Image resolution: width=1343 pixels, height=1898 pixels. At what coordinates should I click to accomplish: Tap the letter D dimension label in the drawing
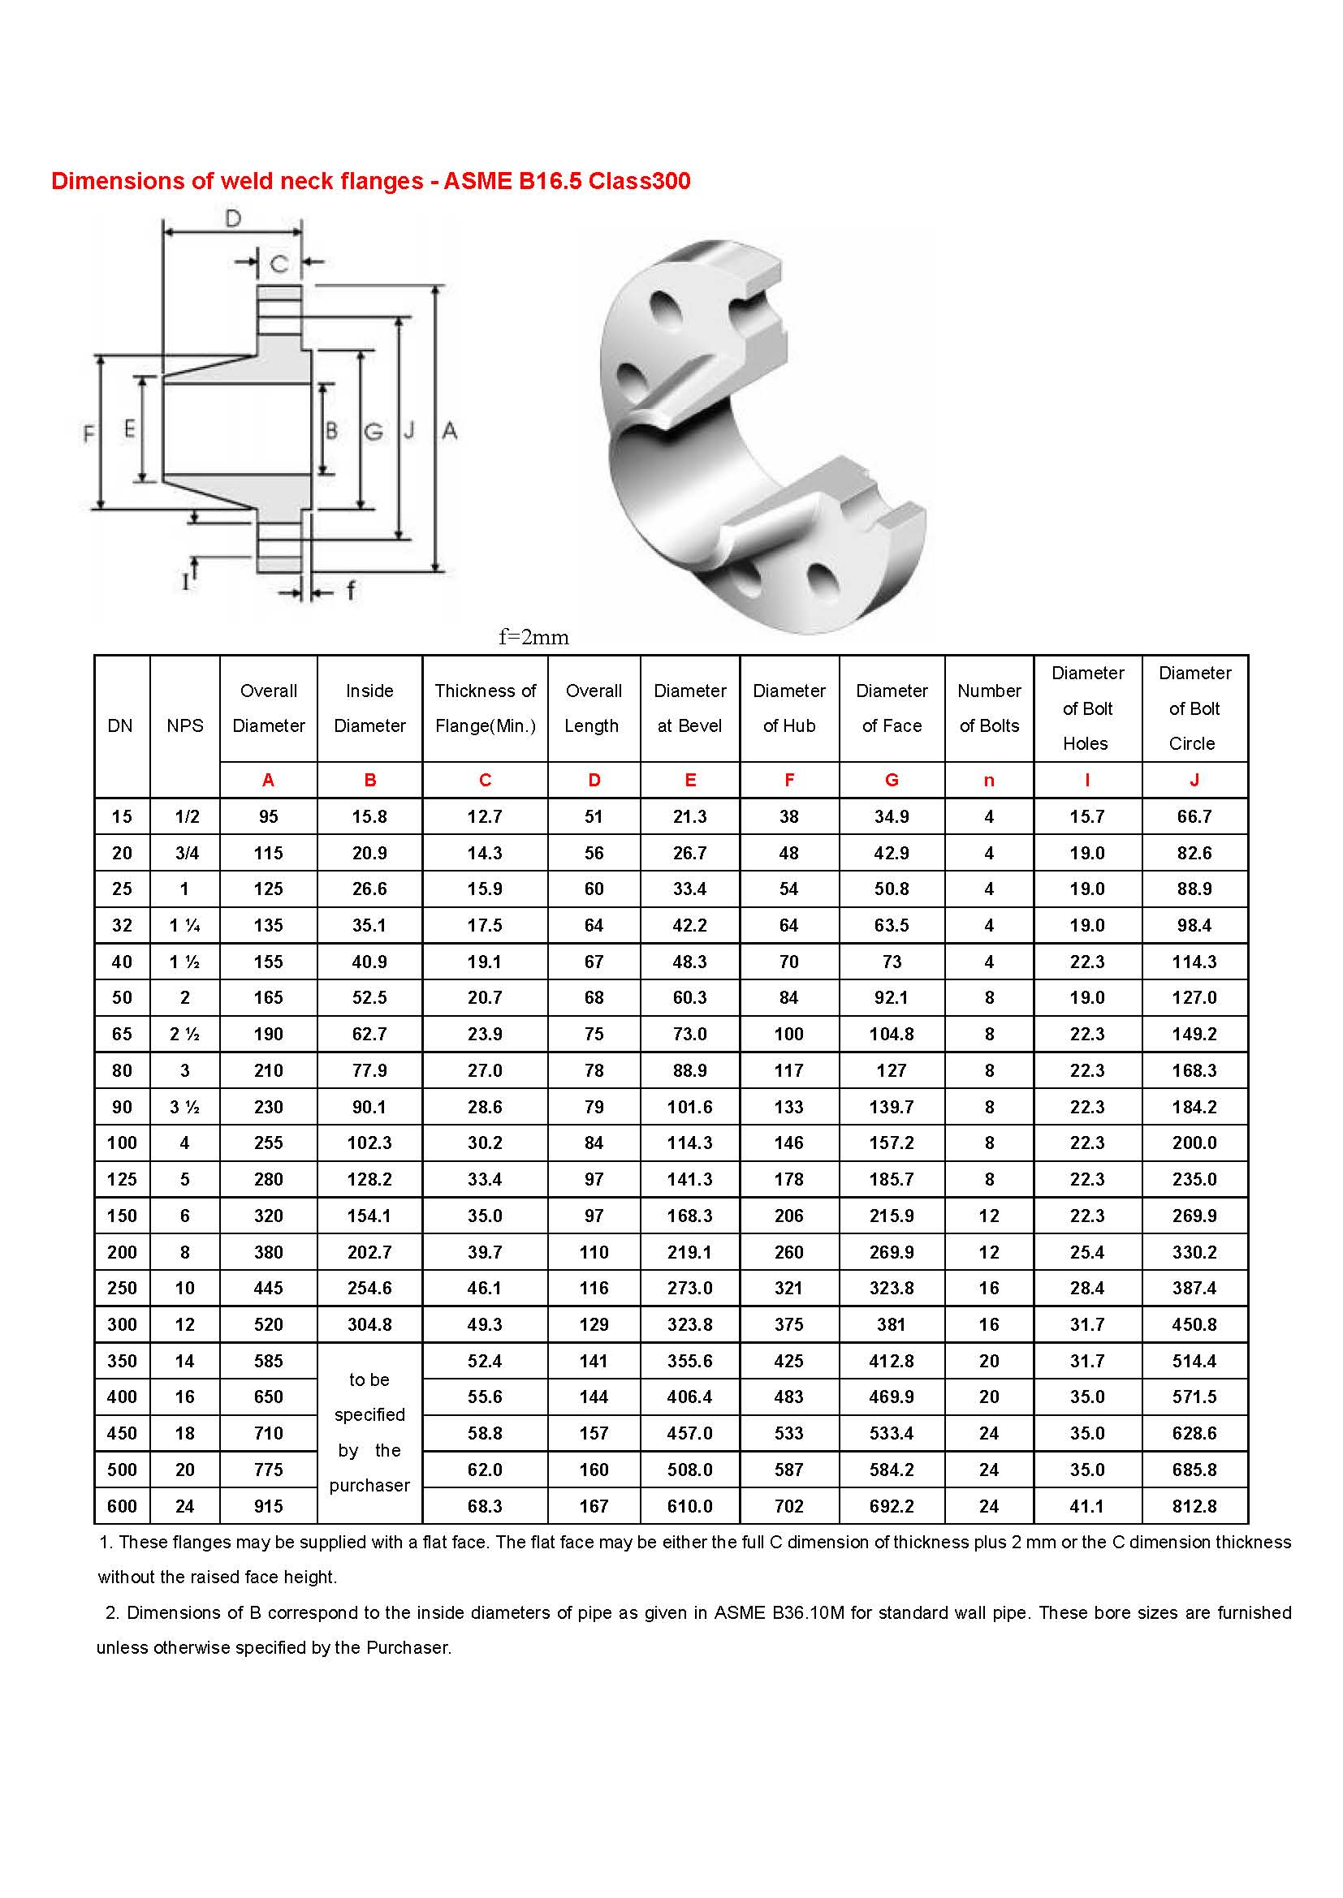(x=233, y=218)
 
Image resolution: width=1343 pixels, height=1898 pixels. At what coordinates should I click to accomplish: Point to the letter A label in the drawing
(x=449, y=430)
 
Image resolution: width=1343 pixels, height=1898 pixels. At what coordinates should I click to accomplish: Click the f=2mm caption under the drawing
(x=533, y=637)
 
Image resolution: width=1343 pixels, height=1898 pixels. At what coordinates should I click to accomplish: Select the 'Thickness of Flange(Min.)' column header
(x=486, y=708)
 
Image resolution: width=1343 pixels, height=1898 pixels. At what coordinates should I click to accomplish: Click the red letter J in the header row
(x=1194, y=780)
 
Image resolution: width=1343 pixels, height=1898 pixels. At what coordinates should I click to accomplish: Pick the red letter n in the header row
(x=989, y=780)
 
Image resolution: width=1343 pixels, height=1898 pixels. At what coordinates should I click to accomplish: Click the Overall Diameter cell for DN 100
(x=268, y=1143)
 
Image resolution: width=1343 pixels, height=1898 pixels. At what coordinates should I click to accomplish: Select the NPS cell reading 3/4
(x=187, y=853)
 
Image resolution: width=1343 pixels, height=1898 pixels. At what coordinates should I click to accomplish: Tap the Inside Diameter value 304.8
(x=369, y=1324)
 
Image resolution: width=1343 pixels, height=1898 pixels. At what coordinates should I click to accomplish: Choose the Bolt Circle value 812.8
(x=1194, y=1506)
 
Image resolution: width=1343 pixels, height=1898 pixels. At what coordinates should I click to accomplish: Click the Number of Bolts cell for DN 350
(x=989, y=1361)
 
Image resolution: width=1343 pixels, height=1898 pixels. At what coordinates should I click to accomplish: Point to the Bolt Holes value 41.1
(x=1086, y=1506)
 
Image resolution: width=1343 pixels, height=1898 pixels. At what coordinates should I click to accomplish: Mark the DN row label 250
(x=122, y=1288)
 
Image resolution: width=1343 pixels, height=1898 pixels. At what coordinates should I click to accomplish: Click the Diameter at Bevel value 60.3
(x=689, y=998)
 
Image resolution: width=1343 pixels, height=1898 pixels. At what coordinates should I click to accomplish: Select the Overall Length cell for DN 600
(x=594, y=1506)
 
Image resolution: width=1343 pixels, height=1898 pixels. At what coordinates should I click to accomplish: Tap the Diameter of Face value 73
(x=892, y=962)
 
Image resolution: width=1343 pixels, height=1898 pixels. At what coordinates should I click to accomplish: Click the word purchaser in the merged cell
(x=369, y=1485)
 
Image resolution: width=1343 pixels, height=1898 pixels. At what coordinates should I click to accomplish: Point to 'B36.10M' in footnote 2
(x=808, y=1612)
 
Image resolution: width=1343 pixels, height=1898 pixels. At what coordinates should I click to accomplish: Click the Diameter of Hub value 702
(x=789, y=1506)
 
